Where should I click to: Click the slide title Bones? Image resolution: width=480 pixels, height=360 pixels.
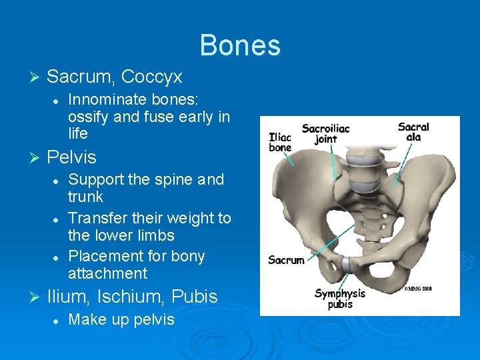coord(240,45)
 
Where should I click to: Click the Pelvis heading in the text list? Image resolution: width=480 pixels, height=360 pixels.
coord(71,158)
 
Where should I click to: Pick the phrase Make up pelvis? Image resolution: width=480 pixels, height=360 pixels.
coord(121,319)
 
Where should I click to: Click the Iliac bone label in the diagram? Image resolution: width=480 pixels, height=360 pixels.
coord(280,143)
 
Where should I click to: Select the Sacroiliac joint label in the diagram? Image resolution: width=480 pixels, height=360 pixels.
coord(325,133)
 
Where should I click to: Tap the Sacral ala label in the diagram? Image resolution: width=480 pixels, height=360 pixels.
coord(413,132)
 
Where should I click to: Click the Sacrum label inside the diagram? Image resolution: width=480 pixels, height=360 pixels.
coord(286,261)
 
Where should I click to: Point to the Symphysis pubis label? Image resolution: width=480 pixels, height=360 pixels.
coord(340,299)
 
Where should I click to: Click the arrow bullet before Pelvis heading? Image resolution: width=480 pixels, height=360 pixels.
coord(36,158)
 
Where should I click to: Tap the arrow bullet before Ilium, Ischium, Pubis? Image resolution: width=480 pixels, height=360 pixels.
coord(36,297)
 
